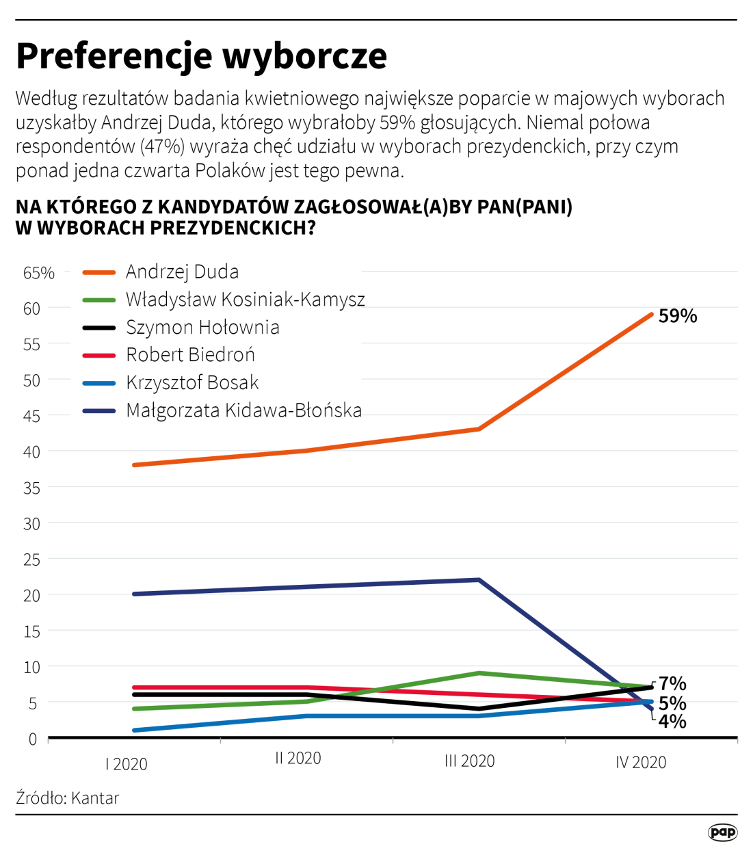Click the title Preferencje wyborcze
point(201,56)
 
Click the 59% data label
point(677,316)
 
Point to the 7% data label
point(672,683)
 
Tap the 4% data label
point(672,721)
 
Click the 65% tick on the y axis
point(38,273)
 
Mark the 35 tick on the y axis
point(31,488)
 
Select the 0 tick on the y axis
point(32,739)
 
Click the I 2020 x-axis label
point(127,764)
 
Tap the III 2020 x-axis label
point(469,761)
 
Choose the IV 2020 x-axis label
point(640,762)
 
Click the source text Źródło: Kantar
point(68,798)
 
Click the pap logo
point(722,832)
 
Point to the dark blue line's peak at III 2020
point(479,580)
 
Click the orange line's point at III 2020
point(479,429)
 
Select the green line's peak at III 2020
point(479,673)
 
